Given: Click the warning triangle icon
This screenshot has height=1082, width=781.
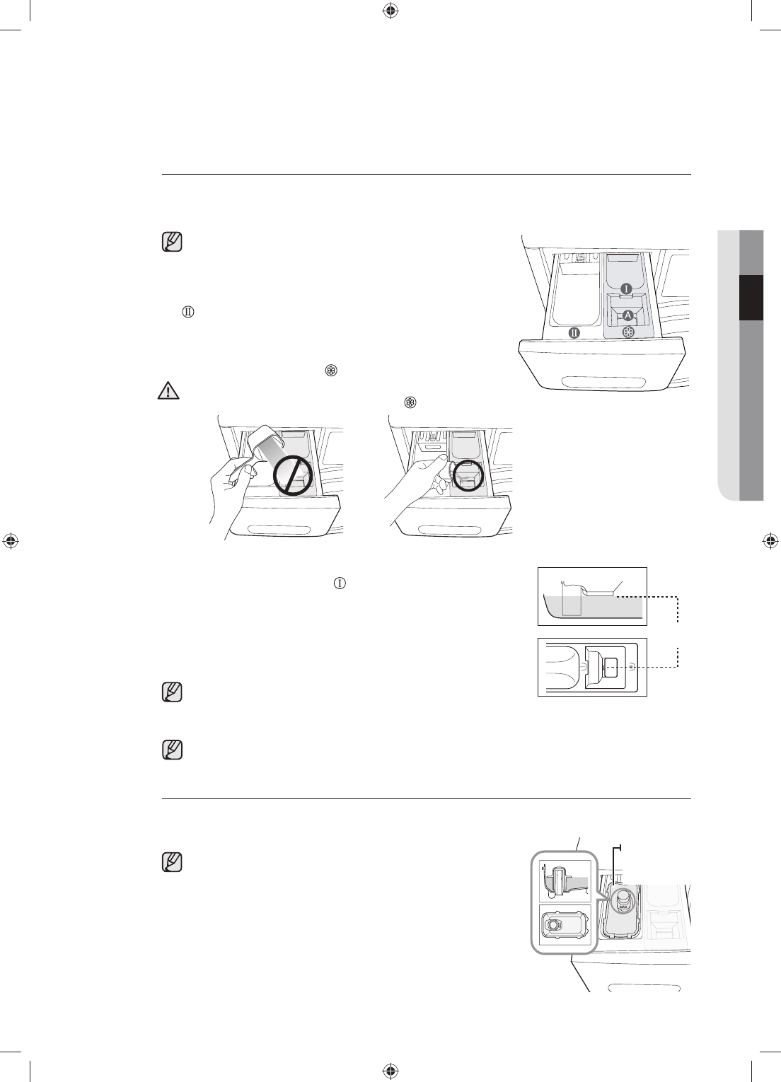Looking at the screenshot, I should [168, 391].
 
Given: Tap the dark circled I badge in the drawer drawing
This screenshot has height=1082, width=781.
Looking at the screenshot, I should [627, 289].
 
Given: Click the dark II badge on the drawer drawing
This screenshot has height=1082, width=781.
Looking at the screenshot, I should [574, 332].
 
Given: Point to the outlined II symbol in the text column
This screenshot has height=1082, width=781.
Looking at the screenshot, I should [187, 311].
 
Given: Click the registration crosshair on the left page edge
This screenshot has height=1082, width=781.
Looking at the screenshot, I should [11, 541].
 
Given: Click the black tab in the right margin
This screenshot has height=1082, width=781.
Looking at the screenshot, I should [751, 298].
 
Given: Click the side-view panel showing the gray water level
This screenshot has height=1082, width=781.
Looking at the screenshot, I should [592, 596].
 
